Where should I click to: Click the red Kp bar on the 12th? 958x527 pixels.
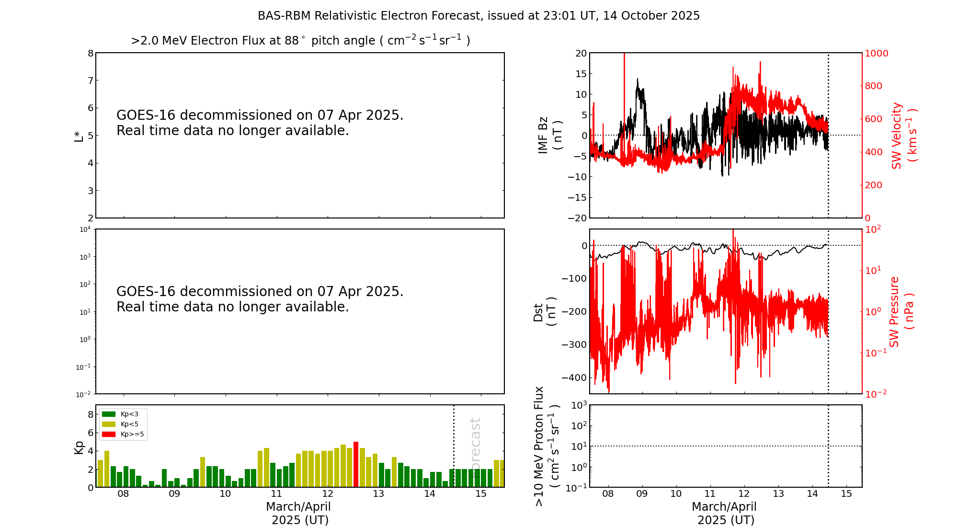(x=356, y=464)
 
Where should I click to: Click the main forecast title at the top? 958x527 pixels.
(x=479, y=16)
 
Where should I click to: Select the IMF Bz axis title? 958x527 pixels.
(x=550, y=135)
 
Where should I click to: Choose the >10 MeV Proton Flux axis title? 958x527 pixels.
(x=547, y=447)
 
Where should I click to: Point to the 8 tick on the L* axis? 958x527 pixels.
(x=90, y=53)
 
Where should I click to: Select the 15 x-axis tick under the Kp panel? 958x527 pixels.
(x=481, y=494)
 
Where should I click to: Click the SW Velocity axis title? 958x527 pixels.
(x=903, y=135)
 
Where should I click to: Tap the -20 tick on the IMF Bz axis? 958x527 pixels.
(x=577, y=218)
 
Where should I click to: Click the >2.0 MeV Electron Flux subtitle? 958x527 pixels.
(x=300, y=41)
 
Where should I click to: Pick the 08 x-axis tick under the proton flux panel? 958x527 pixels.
(x=608, y=494)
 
